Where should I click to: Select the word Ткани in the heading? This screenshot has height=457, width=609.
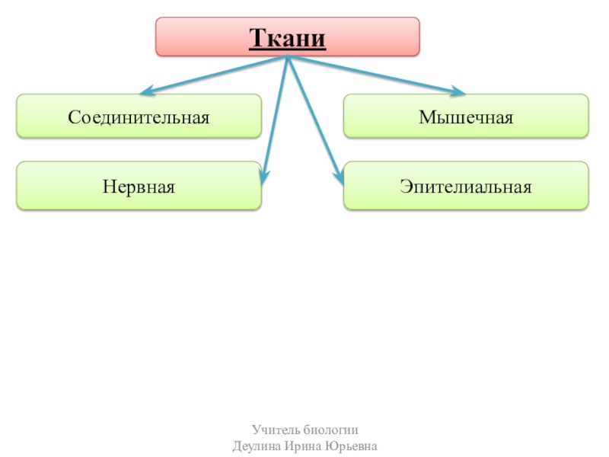(x=288, y=37)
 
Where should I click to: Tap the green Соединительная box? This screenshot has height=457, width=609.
(x=46, y=117)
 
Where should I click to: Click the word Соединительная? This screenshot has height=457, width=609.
(x=139, y=117)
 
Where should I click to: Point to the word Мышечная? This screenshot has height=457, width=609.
(x=466, y=117)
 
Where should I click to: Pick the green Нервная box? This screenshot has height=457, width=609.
(x=61, y=186)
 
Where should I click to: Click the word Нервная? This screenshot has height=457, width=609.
(x=139, y=186)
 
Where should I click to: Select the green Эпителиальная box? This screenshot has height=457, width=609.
(x=373, y=186)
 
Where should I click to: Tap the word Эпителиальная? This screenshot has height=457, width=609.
(x=466, y=186)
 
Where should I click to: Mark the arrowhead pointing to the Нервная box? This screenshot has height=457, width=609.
(x=263, y=179)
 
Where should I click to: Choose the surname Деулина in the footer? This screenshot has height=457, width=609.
(x=258, y=445)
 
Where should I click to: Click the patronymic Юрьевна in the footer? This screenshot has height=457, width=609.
(x=352, y=445)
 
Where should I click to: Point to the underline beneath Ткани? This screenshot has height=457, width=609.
(x=288, y=50)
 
